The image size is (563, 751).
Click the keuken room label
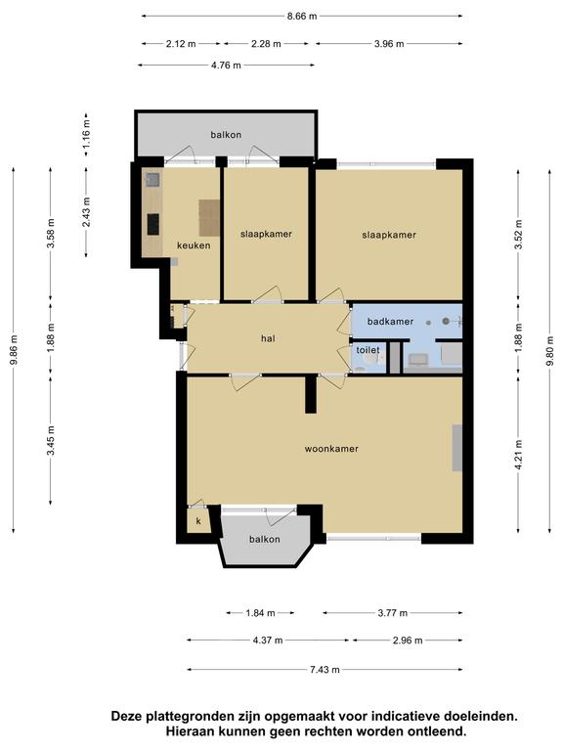(x=194, y=245)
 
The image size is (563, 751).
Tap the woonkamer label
(x=331, y=449)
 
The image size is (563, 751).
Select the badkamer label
(x=390, y=322)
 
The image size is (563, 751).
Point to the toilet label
(x=368, y=350)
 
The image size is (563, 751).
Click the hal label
(x=268, y=338)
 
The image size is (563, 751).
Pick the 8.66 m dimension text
(x=302, y=16)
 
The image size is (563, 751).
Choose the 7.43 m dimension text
(x=325, y=670)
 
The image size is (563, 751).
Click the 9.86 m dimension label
(x=14, y=349)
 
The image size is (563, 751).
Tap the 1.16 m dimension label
(x=87, y=136)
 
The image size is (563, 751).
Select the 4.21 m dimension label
(x=518, y=455)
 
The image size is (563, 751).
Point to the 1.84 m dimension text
(x=260, y=612)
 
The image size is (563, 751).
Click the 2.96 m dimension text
(x=408, y=641)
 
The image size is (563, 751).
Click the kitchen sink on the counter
(x=153, y=180)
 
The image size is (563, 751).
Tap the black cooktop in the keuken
(x=153, y=224)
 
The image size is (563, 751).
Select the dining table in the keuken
(x=210, y=217)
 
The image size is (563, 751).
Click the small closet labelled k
(x=198, y=520)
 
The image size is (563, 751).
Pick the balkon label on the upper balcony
(x=226, y=135)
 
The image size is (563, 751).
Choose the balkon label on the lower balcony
(x=264, y=540)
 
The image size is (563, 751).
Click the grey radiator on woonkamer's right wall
(x=457, y=447)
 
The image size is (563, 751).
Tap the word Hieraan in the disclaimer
(x=190, y=731)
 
